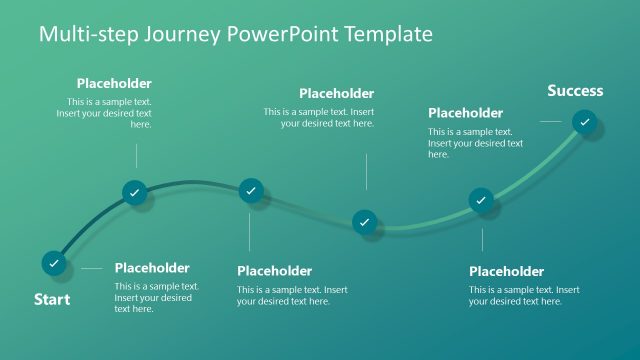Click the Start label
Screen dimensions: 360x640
click(x=52, y=299)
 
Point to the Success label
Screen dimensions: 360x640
click(x=575, y=91)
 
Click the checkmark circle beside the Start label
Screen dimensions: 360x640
click(x=54, y=263)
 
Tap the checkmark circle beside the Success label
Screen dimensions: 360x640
click(x=585, y=122)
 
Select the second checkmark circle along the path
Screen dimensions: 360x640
click(x=135, y=192)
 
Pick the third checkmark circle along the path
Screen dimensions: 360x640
click(x=250, y=190)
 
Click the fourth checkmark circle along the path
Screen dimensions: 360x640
click(x=365, y=221)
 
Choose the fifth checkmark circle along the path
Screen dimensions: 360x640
click(x=481, y=200)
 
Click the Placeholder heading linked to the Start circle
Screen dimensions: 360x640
click(x=152, y=268)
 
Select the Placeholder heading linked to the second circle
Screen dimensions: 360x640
click(x=114, y=84)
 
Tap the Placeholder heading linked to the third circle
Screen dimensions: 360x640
click(x=274, y=271)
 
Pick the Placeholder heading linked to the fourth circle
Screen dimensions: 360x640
click(x=336, y=94)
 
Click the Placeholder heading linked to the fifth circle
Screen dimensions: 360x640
click(x=506, y=271)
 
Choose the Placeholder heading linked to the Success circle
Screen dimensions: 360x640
click(x=465, y=113)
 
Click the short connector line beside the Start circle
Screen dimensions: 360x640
click(x=91, y=268)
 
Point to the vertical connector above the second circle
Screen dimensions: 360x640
click(x=136, y=154)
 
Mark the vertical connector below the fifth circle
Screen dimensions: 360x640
click(x=482, y=240)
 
